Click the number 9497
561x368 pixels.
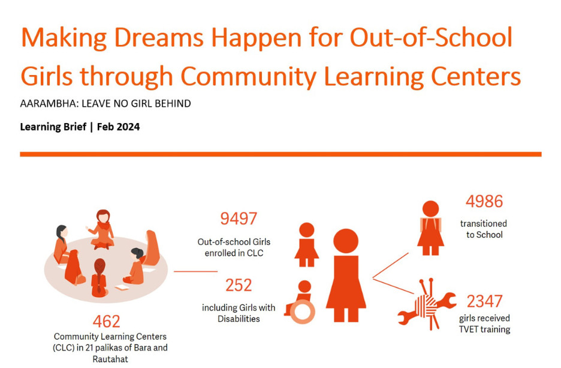pyautogui.click(x=239, y=219)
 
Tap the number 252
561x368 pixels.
pyautogui.click(x=239, y=285)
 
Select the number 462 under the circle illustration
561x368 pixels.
pyautogui.click(x=106, y=321)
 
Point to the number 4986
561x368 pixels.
pyautogui.click(x=484, y=201)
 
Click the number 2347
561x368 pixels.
pyautogui.click(x=484, y=301)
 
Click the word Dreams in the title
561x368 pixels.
pyautogui.click(x=159, y=37)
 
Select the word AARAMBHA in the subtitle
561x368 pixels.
pyautogui.click(x=49, y=103)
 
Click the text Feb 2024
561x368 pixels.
pyautogui.click(x=119, y=127)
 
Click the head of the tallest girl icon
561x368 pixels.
pyautogui.click(x=346, y=241)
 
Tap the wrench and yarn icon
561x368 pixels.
pyautogui.click(x=427, y=304)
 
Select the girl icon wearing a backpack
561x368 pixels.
pyautogui.click(x=430, y=228)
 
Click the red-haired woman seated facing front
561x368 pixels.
pyautogui.click(x=102, y=229)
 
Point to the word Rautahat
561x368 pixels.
pyautogui.click(x=110, y=359)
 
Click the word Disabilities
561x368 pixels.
pyautogui.click(x=239, y=319)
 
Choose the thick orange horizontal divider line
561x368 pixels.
pyautogui.click(x=280, y=154)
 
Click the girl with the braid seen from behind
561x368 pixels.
pyautogui.click(x=99, y=278)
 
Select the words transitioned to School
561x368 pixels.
pyautogui.click(x=484, y=229)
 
